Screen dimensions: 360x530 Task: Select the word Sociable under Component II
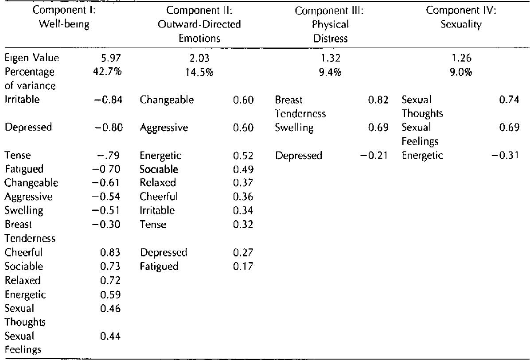[x=159, y=169]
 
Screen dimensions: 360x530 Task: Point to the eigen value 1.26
[x=460, y=58]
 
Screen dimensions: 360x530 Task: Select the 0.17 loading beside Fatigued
[x=243, y=266]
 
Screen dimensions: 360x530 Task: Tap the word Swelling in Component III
[x=294, y=128]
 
